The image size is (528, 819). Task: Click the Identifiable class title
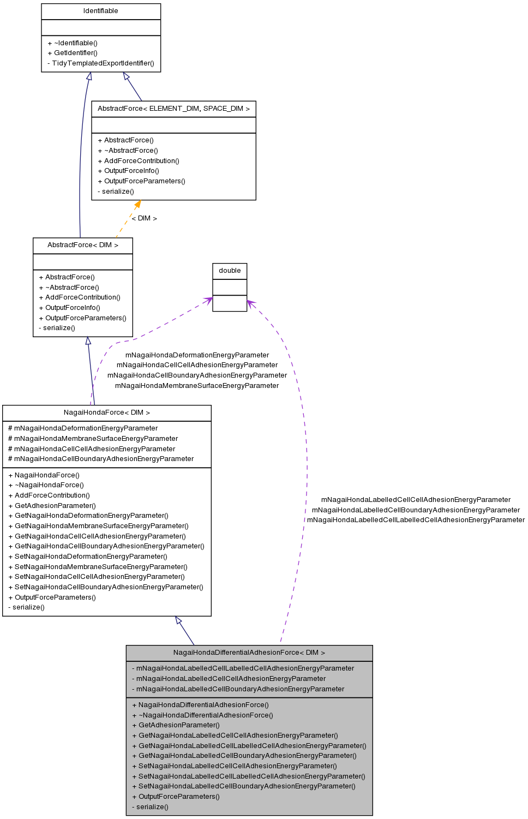coord(100,11)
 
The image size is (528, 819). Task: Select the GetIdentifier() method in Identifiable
coord(73,53)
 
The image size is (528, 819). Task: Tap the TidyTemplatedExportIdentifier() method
coord(101,63)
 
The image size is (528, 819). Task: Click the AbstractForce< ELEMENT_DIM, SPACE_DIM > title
coord(173,109)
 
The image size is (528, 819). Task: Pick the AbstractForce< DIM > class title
coord(82,245)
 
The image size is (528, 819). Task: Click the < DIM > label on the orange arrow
coord(145,218)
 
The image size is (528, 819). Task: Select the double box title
coord(230,271)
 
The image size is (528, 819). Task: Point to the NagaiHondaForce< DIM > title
coord(106,413)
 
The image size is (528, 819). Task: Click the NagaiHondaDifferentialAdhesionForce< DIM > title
coord(249,653)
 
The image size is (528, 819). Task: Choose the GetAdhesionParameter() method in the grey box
coord(176,725)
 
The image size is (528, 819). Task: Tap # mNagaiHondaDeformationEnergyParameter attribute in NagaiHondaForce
coord(83,428)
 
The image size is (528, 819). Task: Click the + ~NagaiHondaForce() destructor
coord(46,485)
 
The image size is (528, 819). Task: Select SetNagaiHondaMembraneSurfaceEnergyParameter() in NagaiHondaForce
coord(98,567)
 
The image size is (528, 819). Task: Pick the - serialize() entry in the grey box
coord(150,807)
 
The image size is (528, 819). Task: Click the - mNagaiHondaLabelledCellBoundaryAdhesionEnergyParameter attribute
coord(238,689)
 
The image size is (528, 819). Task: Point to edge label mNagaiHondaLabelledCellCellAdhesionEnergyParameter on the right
coord(416,500)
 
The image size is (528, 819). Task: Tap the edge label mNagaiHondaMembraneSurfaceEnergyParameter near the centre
coord(197,386)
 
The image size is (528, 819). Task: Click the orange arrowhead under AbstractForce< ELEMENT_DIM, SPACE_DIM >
coord(137,204)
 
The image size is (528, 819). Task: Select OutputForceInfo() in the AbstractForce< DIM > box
coord(70,308)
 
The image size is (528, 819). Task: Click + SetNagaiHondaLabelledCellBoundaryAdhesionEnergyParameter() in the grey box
coord(244,786)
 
